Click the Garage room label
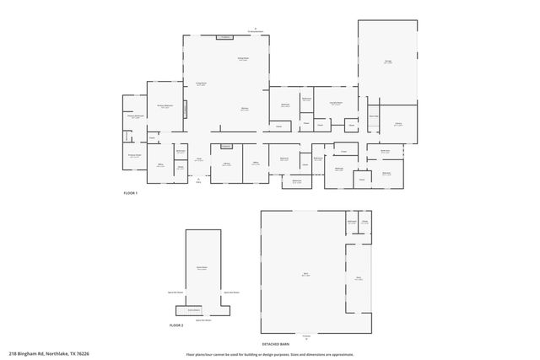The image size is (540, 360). pos(388,62)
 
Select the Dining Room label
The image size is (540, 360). pos(242,59)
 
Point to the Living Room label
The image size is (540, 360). pos(202,83)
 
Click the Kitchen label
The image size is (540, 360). pos(244,110)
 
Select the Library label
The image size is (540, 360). pos(227,164)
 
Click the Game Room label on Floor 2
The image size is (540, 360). pos(202,268)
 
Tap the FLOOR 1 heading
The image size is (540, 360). pos(130,193)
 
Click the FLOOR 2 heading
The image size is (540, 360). pos(175,325)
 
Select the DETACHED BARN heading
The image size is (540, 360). pos(275,344)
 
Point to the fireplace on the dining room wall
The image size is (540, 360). pos(225,37)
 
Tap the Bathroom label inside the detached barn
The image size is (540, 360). pos(351,222)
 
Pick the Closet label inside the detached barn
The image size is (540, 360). pos(365,222)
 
